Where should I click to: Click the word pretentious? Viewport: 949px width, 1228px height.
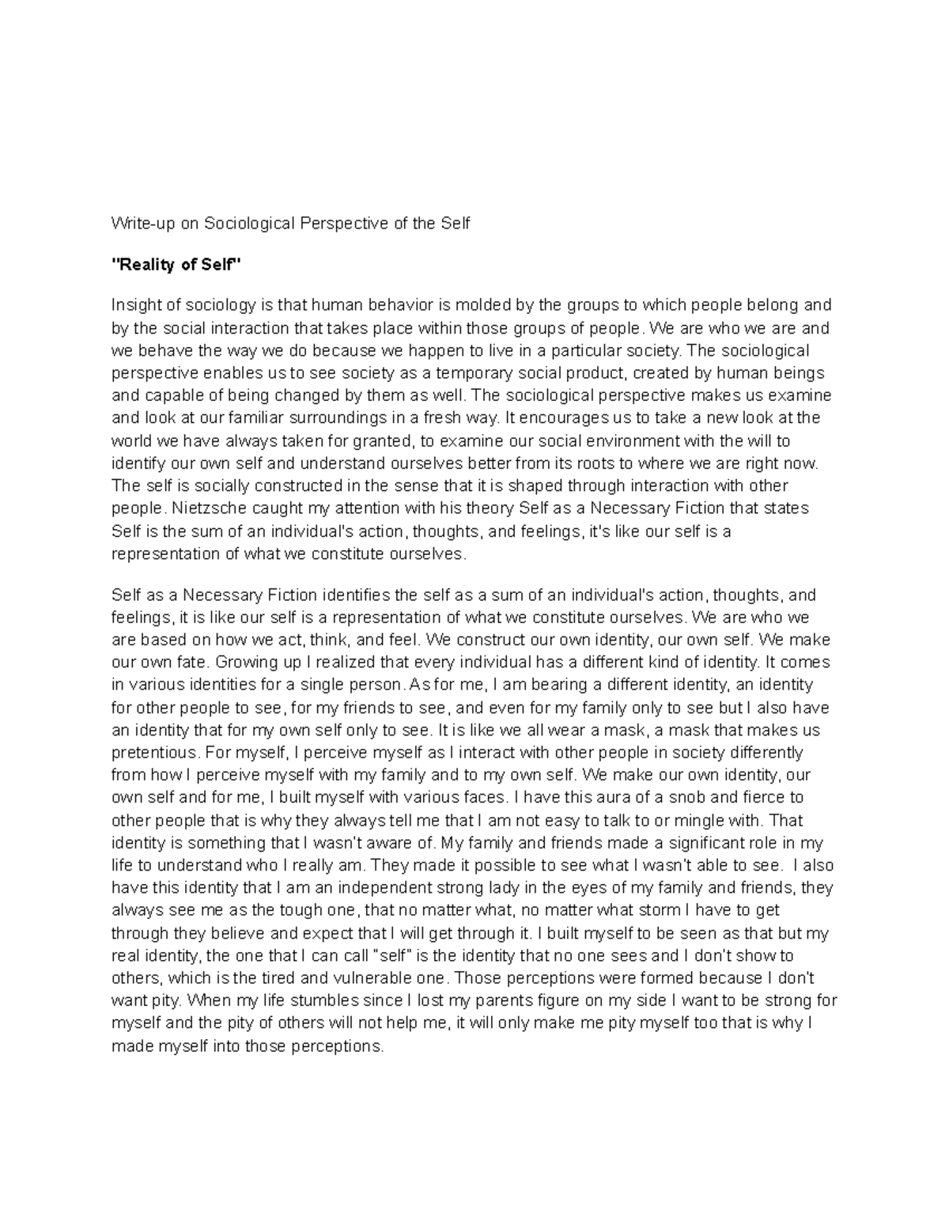[153, 752]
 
